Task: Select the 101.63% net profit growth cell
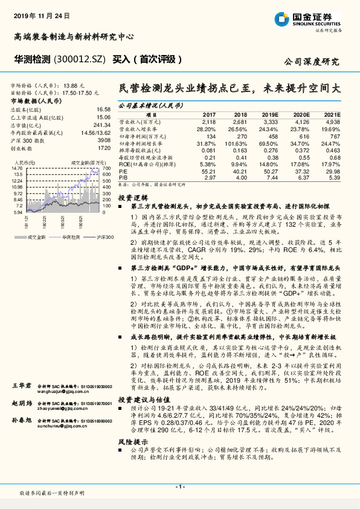[236, 143]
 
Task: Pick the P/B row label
[123, 178]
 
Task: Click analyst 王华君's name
[22, 385]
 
